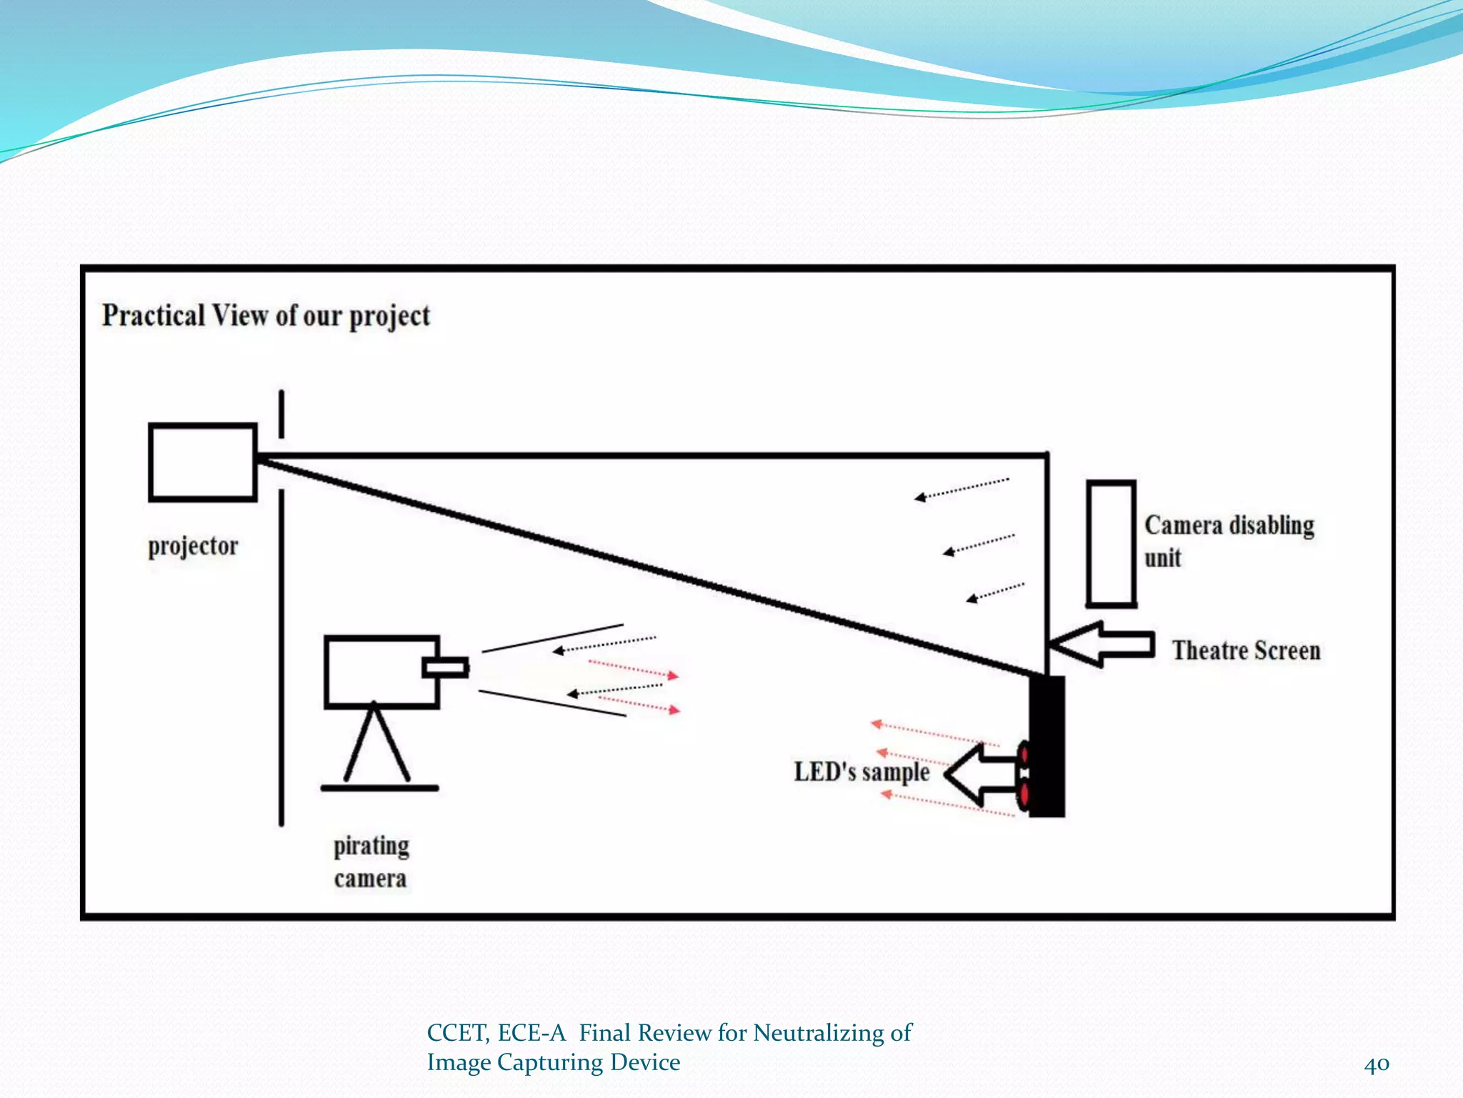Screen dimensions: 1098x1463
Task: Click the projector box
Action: pos(202,463)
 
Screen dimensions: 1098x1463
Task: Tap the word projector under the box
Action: pos(193,547)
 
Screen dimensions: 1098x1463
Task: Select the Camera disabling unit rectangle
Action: pos(1111,543)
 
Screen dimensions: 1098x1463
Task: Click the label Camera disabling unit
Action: pos(1229,540)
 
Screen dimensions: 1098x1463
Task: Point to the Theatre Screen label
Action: pos(1246,651)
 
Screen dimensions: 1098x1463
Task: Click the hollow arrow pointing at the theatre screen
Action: pos(1104,644)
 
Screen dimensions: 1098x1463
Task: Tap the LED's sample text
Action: pos(862,772)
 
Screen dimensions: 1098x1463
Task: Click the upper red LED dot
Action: pos(1024,754)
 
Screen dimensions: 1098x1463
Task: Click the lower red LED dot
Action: pos(1024,794)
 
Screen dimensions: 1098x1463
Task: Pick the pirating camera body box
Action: pos(380,672)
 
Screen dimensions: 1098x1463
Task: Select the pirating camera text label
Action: pos(371,862)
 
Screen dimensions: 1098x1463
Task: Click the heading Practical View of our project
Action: pos(266,316)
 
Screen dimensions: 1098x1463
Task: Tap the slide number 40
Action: pos(1376,1064)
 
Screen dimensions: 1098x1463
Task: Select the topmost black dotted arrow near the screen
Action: pos(962,488)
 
